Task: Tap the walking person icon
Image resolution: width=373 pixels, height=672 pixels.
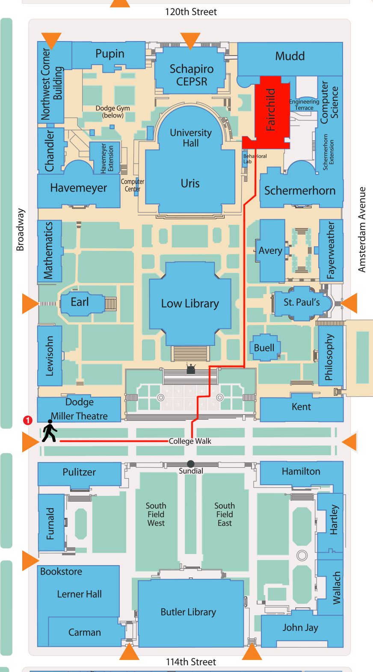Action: (x=50, y=431)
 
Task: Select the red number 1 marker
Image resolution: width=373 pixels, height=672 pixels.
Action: (x=28, y=420)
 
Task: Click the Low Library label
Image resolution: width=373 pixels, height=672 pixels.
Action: (x=190, y=304)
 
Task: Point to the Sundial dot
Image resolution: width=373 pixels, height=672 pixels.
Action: (x=191, y=464)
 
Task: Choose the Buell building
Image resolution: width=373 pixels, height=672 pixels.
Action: (x=264, y=348)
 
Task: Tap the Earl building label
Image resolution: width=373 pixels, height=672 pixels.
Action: (x=80, y=302)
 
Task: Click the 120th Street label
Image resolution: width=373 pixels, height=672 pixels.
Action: (x=191, y=12)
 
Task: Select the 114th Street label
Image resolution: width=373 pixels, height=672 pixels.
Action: (x=191, y=662)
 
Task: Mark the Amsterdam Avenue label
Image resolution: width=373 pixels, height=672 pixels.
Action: (x=362, y=230)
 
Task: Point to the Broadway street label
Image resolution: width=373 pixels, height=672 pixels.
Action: (x=20, y=230)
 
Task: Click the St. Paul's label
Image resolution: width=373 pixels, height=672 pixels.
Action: (x=302, y=302)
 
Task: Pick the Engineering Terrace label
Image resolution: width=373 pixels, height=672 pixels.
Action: (x=304, y=105)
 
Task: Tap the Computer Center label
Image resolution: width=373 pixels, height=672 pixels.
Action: (x=133, y=185)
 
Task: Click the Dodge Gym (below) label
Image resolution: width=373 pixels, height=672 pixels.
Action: (x=112, y=112)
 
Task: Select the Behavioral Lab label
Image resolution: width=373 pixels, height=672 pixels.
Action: (x=255, y=159)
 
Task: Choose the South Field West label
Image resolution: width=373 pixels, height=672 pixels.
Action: (x=156, y=514)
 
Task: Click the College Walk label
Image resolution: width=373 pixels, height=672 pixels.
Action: (x=190, y=441)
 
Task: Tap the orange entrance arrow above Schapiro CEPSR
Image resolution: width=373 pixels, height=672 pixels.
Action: (x=190, y=40)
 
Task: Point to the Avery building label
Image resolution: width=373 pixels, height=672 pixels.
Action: (x=270, y=251)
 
